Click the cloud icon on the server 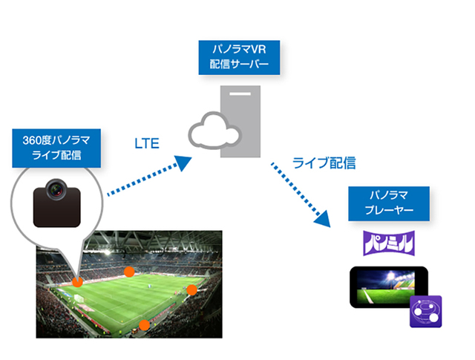click(x=214, y=132)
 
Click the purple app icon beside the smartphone click(x=426, y=311)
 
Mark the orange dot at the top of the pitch click(x=129, y=271)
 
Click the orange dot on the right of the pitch click(x=191, y=289)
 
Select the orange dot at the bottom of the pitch click(x=145, y=324)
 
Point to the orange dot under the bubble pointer click(x=78, y=281)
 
